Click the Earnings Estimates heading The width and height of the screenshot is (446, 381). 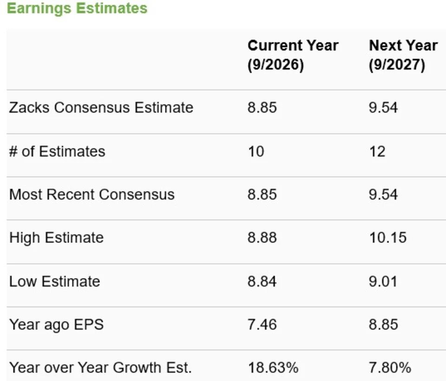coord(77,8)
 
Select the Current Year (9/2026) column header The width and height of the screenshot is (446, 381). coord(293,55)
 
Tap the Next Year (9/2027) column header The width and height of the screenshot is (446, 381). coord(403,55)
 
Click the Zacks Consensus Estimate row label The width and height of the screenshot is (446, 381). coord(101,108)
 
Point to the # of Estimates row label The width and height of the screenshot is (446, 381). coord(57,151)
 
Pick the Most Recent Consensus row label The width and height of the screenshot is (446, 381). coord(92,195)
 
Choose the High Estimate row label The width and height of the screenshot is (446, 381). coord(56,238)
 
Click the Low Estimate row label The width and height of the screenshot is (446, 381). coord(55,281)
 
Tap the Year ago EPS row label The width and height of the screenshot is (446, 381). coord(56,325)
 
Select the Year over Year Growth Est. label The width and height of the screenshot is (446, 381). coord(100,368)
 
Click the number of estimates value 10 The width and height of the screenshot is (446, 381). coord(256,152)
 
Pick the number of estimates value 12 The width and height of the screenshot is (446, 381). coord(377,152)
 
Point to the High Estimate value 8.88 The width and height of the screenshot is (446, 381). coord(262,237)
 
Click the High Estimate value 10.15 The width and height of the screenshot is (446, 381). coord(388,237)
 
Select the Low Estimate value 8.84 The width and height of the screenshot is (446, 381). coord(262,281)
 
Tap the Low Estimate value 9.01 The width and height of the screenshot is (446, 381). coord(383,281)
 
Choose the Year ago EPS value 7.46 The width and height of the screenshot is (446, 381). coord(262,324)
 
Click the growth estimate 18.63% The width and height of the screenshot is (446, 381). coord(273,368)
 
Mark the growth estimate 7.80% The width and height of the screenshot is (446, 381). coord(390,368)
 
